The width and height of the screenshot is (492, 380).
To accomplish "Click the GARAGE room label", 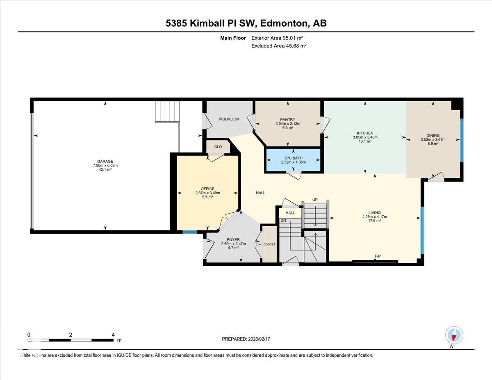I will click(105, 161).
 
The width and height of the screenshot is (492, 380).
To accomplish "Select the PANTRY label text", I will click(287, 119).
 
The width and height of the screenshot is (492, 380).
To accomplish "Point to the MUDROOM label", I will click(229, 119).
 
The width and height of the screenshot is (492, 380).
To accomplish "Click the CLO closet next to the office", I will click(218, 147).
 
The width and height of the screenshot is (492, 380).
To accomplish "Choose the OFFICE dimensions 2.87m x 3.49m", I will click(207, 193).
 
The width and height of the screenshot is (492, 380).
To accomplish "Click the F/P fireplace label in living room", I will click(378, 257).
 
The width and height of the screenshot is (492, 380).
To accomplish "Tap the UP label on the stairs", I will click(315, 200).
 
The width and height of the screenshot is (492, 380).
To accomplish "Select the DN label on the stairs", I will click(283, 221).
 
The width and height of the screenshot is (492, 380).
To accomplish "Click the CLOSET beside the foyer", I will click(269, 244).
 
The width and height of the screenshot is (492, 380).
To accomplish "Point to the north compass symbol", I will click(454, 335).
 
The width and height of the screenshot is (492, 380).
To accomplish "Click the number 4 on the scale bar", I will click(113, 334).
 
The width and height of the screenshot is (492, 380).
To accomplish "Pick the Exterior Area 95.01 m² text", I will click(279, 38).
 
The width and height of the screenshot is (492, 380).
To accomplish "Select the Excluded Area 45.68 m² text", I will click(279, 46).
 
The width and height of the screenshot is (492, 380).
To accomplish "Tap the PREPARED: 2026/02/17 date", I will click(246, 339).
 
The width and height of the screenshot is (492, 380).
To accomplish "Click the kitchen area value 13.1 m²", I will click(364, 141).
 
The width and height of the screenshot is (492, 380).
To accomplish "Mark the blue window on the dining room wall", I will click(461, 140).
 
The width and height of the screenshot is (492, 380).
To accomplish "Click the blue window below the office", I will click(189, 232).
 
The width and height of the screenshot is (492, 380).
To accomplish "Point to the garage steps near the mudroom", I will click(167, 112).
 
